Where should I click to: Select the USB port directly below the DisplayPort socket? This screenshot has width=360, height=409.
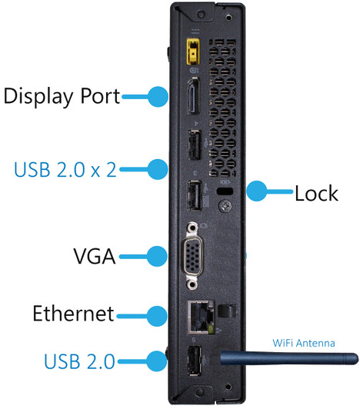[x=194, y=147]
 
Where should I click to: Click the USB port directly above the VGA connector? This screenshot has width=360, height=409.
[x=194, y=195]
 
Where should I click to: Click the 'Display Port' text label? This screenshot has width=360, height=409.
[x=62, y=96]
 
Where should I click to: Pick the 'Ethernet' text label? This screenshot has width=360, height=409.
[x=73, y=314]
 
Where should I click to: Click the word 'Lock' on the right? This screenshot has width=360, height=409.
[x=316, y=192]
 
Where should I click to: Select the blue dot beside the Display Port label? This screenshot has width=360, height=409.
[x=158, y=96]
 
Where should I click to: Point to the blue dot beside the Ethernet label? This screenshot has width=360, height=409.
[x=158, y=314]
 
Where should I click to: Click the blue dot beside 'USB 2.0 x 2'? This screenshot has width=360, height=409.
[x=158, y=168]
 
